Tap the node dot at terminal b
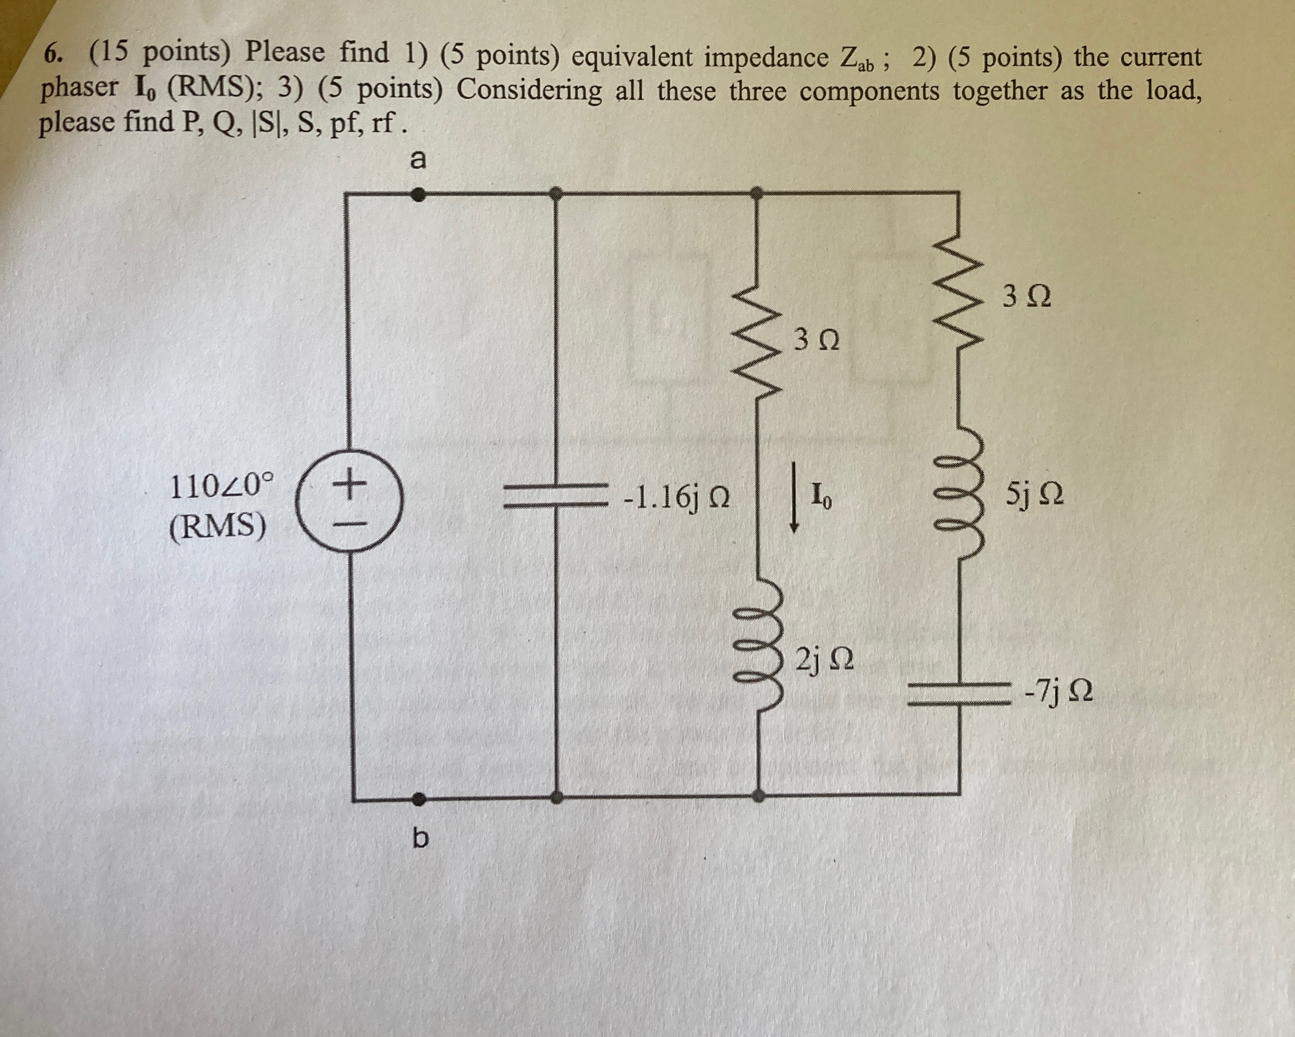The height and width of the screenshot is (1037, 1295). (419, 799)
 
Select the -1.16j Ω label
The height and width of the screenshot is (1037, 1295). (677, 497)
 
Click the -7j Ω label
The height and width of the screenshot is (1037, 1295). (1058, 694)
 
